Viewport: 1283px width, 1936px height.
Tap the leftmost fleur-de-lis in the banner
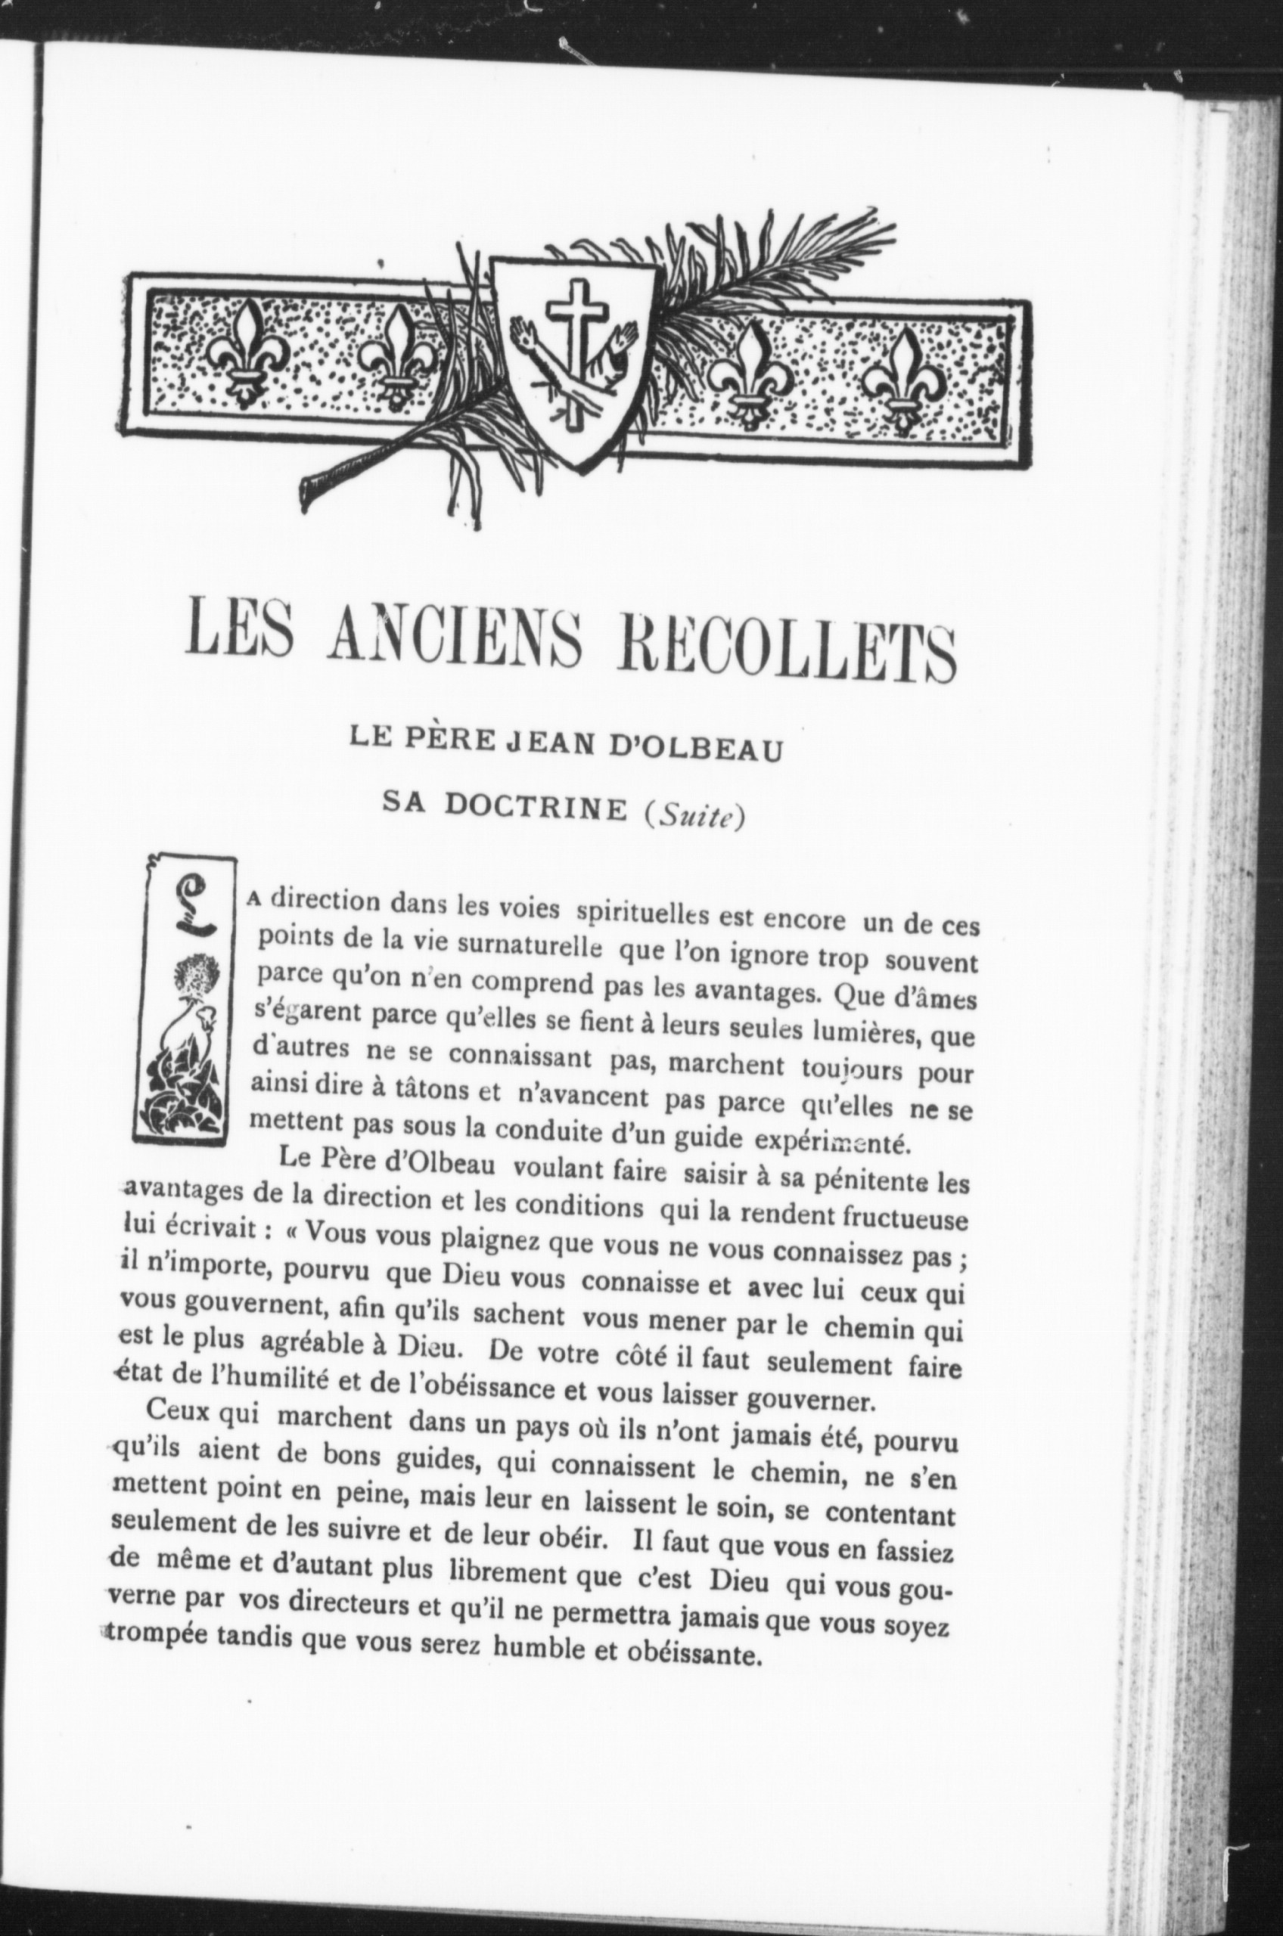(248, 352)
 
